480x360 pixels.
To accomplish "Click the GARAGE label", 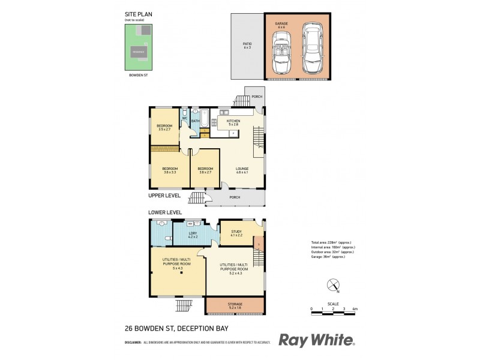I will coord(282,23).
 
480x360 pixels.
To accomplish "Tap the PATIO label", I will coord(247,44).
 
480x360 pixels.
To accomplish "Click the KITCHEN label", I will coord(233,121).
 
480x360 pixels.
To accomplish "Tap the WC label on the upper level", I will coord(185,118).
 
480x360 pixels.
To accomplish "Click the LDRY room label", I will coord(193,233).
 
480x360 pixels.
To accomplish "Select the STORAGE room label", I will coord(235,304).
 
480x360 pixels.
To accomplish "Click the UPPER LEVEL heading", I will coord(164,196).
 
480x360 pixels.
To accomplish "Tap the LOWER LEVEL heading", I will coord(165,212).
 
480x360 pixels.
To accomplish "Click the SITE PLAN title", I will coord(135,15).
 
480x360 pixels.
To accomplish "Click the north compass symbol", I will coord(333,286).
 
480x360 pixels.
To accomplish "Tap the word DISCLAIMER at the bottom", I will coord(133,343).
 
